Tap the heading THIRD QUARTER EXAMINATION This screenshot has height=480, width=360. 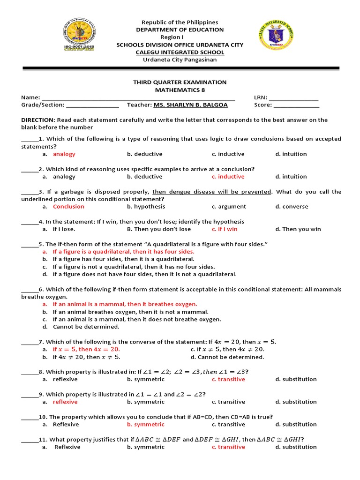(180, 82)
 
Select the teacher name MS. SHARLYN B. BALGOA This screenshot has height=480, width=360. (189, 105)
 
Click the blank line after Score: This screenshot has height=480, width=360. (296, 105)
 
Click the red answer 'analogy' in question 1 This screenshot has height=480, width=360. (64, 154)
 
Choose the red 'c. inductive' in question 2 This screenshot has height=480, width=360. (228, 177)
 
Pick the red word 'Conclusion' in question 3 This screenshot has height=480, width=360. (68, 207)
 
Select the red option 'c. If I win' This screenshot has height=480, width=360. (225, 229)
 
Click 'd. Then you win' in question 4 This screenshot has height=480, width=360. (298, 229)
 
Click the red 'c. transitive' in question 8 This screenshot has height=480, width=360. (228, 379)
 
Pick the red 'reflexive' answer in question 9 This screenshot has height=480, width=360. (65, 402)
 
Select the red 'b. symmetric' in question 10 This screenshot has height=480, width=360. (146, 424)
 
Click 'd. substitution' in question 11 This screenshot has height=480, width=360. (296, 447)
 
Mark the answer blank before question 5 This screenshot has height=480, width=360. (29, 244)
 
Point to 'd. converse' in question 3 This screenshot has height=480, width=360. (292, 207)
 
